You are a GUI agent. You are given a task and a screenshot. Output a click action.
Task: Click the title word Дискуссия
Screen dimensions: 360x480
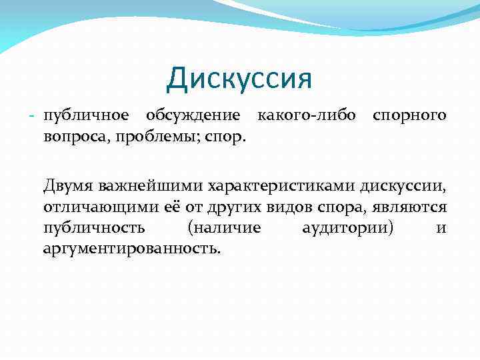point(239,79)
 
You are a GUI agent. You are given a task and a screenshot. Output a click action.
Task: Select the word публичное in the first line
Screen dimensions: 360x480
point(85,115)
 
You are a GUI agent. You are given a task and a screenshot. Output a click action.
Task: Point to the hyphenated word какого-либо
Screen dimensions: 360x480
point(309,115)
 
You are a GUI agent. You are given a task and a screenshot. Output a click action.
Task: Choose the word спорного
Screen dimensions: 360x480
point(409,116)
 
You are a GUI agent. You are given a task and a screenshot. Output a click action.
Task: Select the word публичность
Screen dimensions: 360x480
point(94,228)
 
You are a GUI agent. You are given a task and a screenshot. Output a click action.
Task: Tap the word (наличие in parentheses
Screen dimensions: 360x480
point(225,228)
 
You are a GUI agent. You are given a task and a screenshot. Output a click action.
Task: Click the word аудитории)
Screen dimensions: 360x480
point(347,228)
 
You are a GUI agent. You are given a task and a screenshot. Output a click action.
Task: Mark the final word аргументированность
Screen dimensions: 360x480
point(131,249)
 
